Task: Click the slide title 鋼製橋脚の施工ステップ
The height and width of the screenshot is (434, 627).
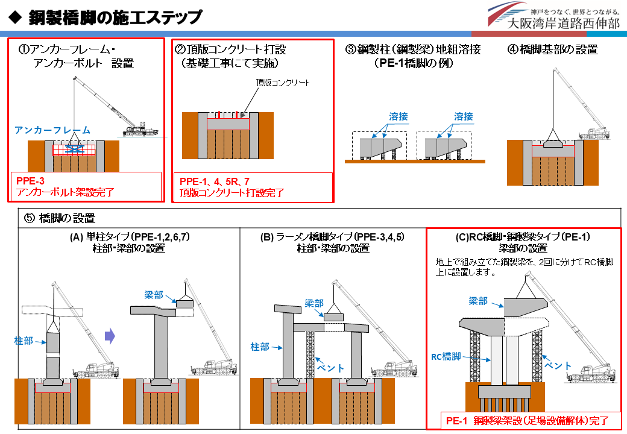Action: (x=115, y=17)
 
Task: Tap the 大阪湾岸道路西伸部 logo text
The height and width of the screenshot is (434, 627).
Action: (x=563, y=24)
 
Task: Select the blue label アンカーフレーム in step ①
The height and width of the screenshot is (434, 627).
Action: (x=52, y=130)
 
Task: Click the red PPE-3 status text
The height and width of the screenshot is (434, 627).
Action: (x=31, y=180)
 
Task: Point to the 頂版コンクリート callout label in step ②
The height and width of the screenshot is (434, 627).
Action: (x=283, y=83)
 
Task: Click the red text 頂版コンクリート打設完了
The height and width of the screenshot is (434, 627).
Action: (x=232, y=193)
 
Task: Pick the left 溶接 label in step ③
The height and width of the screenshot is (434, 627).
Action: (x=397, y=116)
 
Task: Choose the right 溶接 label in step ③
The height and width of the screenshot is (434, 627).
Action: (x=463, y=116)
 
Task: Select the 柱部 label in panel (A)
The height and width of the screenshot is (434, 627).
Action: (x=24, y=341)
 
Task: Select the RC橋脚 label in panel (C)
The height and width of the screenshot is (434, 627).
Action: (x=446, y=357)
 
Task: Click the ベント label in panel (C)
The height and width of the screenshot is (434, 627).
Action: (x=557, y=365)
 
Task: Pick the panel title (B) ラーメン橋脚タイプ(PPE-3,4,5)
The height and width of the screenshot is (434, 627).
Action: (x=332, y=237)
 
